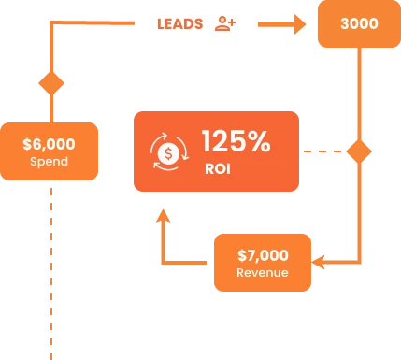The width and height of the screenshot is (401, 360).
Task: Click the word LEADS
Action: click(180, 24)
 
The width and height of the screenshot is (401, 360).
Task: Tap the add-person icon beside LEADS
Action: click(225, 23)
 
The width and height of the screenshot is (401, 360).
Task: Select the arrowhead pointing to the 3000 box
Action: click(300, 24)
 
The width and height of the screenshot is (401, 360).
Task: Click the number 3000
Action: click(359, 23)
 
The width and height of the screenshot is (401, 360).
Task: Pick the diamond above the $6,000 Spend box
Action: click(51, 83)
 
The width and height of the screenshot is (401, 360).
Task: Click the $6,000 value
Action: click(49, 144)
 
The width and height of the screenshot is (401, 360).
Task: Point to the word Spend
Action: click(49, 162)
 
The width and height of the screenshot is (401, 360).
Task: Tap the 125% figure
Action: click(236, 141)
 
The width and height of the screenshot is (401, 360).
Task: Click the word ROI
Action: click(218, 169)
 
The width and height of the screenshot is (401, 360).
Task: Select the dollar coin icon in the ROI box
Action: click(169, 152)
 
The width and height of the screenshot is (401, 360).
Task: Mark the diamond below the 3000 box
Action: click(359, 151)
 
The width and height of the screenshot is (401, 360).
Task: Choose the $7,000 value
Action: click(263, 255)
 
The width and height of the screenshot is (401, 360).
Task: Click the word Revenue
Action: click(263, 273)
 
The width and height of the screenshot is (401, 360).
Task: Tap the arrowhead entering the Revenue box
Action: click(318, 262)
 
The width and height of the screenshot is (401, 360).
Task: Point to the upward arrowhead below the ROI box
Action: click(163, 215)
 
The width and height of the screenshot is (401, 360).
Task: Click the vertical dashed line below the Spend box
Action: click(51, 274)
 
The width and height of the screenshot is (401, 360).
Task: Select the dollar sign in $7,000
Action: click(242, 255)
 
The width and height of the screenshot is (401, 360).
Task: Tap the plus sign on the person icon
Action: click(232, 22)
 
